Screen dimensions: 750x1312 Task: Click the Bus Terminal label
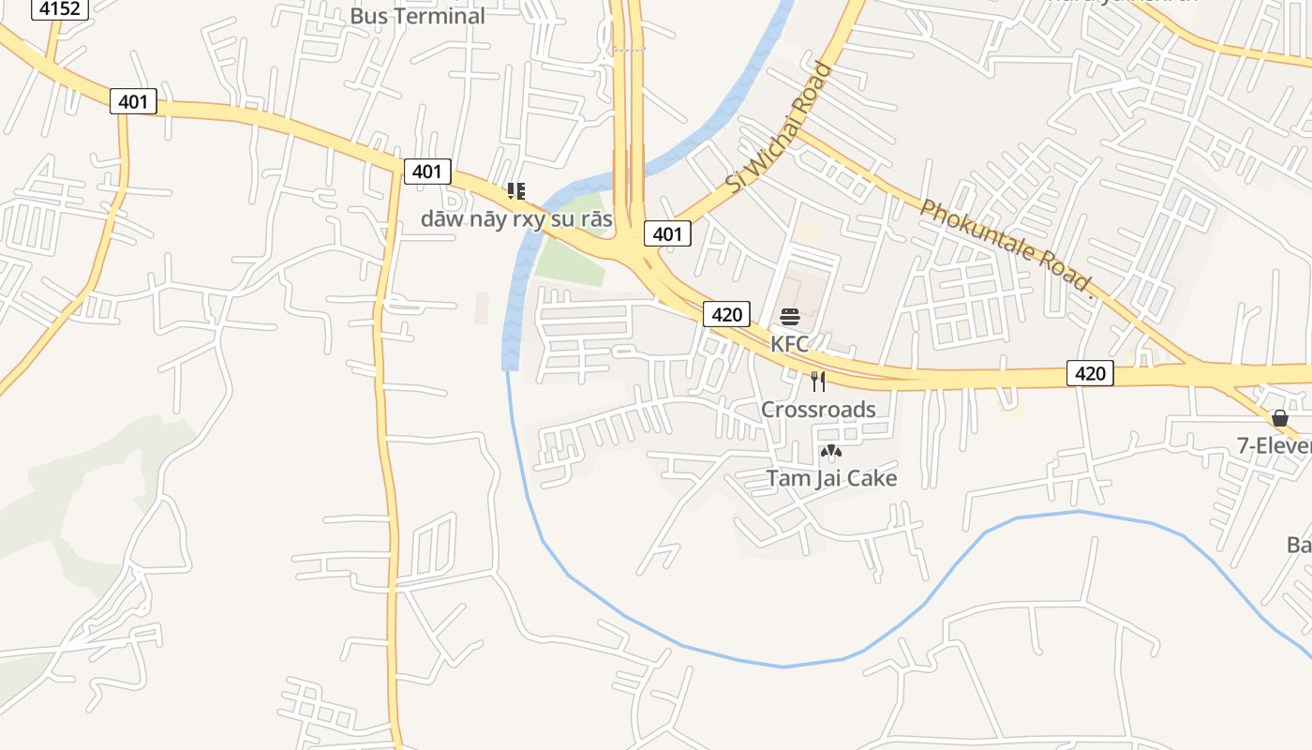point(417,16)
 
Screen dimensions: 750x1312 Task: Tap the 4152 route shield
point(61,8)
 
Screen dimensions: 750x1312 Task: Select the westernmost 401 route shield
point(133,101)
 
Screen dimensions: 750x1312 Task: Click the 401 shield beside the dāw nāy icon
point(427,172)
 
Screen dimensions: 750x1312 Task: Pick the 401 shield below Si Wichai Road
point(667,233)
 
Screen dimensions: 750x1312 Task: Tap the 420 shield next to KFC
point(726,314)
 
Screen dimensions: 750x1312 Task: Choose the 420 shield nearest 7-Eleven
point(1090,373)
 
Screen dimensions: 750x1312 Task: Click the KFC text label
point(789,344)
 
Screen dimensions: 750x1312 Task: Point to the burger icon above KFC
point(789,317)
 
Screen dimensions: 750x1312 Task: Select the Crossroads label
point(818,410)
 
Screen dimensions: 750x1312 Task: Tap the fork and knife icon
point(818,382)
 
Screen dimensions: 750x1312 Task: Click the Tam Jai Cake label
point(831,478)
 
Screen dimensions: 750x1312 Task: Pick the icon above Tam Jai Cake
point(830,452)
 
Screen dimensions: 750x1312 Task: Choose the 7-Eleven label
point(1274,446)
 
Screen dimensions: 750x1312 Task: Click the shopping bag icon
point(1279,418)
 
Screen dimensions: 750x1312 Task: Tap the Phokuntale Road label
point(1006,247)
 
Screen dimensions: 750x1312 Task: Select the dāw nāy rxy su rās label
point(516,219)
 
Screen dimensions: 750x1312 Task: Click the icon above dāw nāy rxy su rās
point(515,191)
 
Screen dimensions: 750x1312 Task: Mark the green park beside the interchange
point(570,253)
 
